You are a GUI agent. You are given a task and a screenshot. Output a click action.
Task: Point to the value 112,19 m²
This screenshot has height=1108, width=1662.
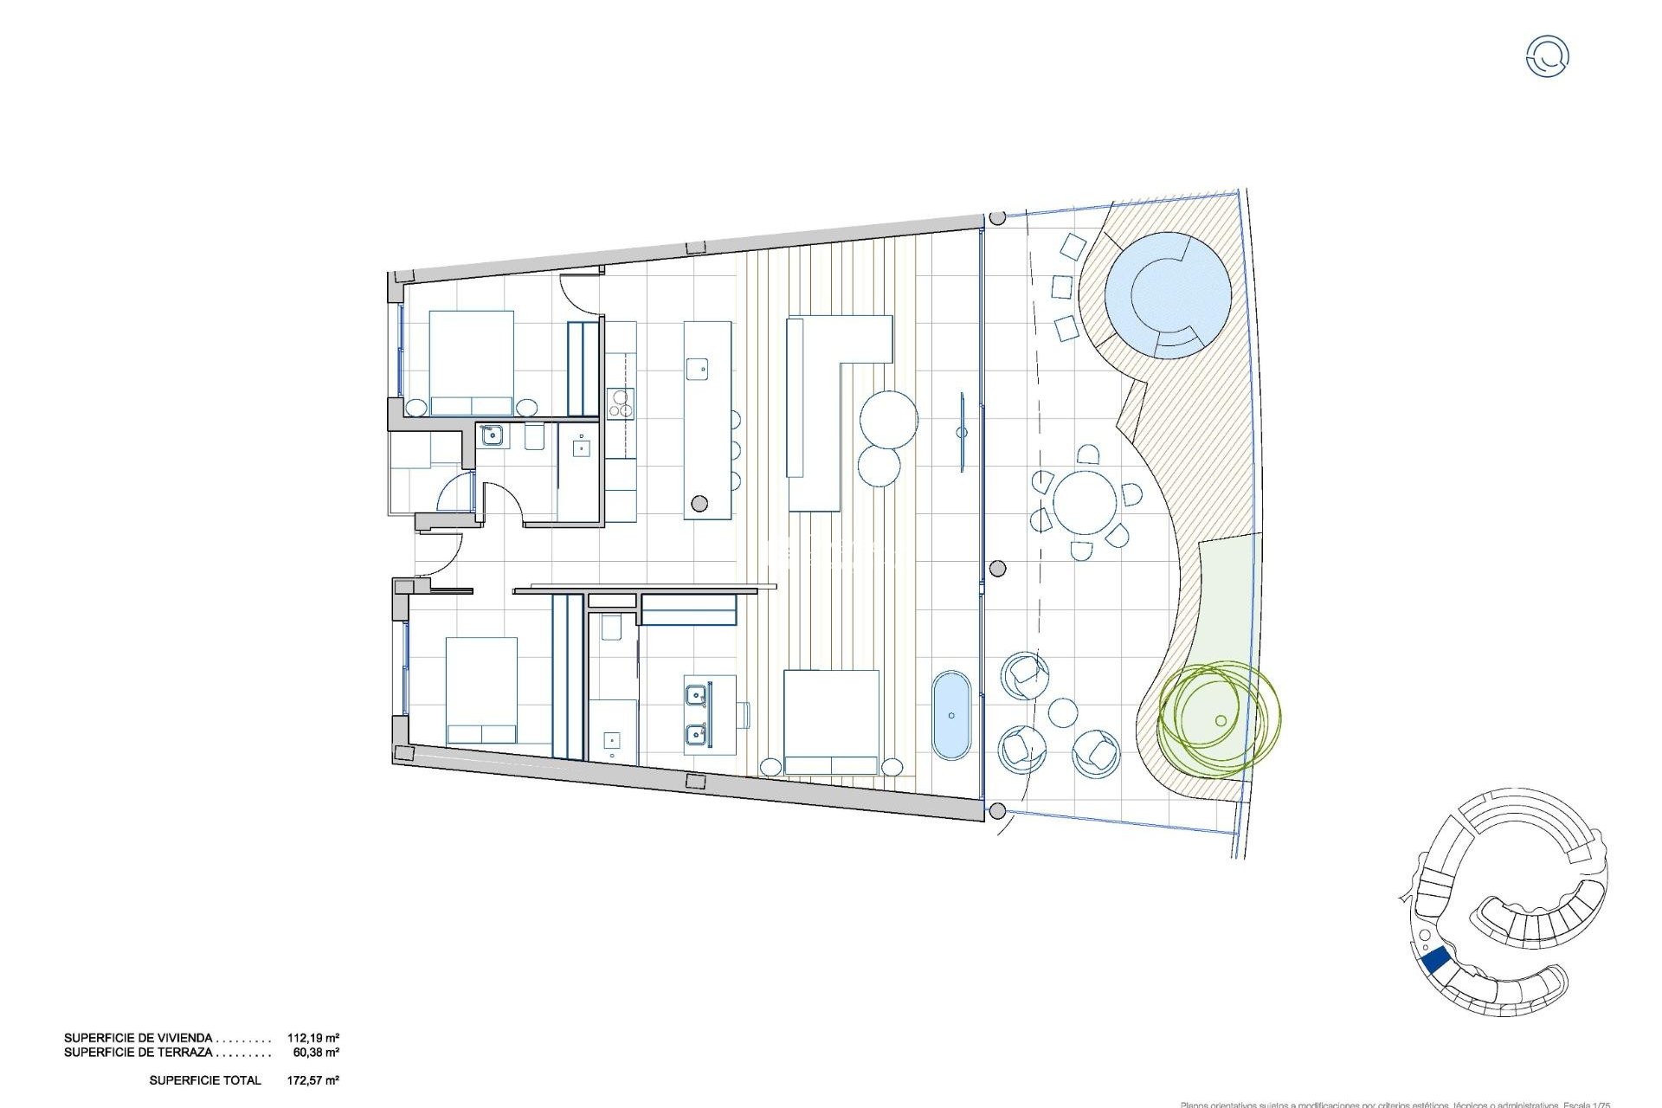[312, 1038]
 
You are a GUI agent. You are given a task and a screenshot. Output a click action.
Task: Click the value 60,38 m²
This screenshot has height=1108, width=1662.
[316, 1053]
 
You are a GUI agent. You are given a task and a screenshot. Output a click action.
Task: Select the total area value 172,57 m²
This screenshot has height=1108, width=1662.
[312, 1080]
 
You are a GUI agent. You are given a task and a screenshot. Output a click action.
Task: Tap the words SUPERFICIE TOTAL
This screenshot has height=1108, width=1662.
[205, 1080]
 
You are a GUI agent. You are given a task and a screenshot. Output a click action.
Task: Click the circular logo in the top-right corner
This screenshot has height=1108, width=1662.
[1547, 56]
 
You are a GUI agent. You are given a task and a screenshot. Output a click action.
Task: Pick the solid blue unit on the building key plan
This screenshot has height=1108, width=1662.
[1436, 960]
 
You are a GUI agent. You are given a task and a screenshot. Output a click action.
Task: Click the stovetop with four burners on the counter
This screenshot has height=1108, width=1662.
[620, 403]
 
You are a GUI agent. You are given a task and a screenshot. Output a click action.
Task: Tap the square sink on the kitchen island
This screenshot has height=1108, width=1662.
[697, 369]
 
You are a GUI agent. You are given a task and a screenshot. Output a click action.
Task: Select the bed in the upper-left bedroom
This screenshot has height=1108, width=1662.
[472, 363]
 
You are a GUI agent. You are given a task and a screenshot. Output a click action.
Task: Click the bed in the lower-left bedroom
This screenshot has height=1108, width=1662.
[481, 691]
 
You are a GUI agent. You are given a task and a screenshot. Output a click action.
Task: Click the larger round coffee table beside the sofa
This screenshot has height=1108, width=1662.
[889, 419]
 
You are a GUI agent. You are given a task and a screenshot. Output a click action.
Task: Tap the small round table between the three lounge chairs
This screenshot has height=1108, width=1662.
[1063, 713]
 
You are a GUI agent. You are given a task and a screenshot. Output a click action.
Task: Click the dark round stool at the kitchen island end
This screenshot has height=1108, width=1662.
[699, 503]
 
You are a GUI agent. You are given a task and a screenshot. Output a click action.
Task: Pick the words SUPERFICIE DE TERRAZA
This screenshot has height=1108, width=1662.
[138, 1053]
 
